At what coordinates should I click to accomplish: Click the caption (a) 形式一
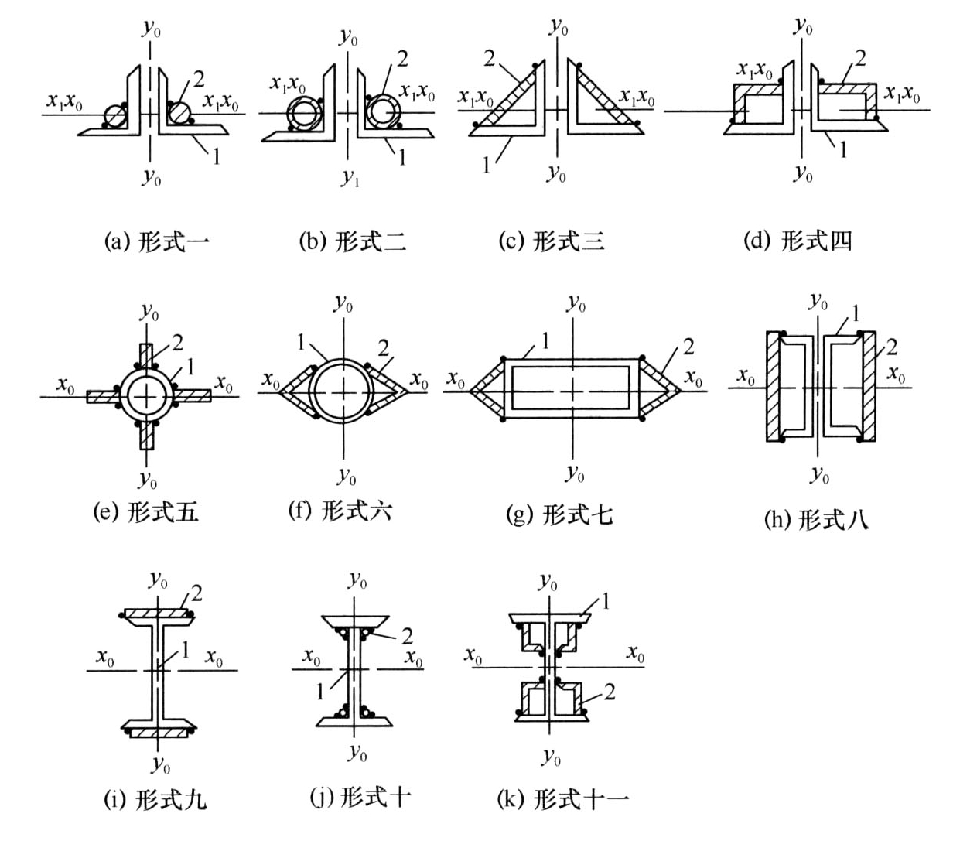click(157, 241)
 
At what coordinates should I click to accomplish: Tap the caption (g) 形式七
click(559, 515)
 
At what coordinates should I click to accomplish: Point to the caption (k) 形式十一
click(563, 800)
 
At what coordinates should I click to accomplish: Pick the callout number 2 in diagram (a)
click(199, 79)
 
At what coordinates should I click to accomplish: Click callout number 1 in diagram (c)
click(487, 166)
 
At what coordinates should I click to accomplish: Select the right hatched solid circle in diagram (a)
click(179, 113)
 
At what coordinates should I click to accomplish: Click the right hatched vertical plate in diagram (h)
click(869, 386)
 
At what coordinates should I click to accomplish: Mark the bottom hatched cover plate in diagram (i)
click(158, 733)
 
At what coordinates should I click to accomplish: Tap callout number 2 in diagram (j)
click(408, 636)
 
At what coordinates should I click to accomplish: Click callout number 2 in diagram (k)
click(610, 692)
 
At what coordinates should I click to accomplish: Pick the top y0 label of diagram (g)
click(576, 303)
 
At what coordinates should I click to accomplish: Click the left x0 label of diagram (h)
click(746, 376)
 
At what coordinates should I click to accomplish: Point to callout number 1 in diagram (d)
click(843, 150)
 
